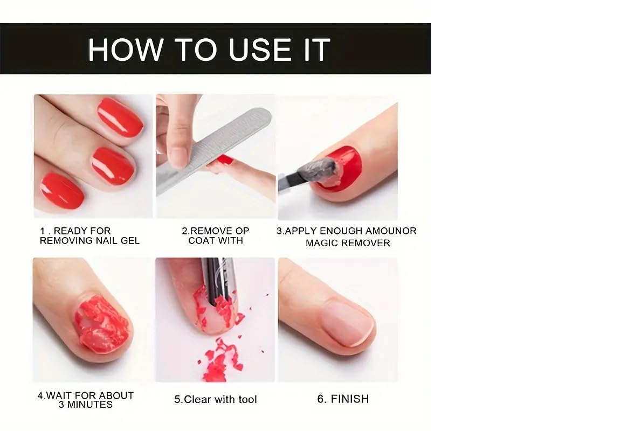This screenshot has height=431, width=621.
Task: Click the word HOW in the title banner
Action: click(x=126, y=50)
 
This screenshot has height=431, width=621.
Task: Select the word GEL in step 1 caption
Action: click(x=130, y=241)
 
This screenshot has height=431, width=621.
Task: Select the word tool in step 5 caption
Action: click(x=247, y=399)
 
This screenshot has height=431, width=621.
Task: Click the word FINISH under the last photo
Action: click(x=350, y=399)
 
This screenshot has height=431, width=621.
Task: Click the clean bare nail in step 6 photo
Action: click(x=347, y=322)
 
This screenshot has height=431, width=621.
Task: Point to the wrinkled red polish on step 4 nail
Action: click(x=102, y=324)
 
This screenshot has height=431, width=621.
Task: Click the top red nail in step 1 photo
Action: click(x=120, y=117)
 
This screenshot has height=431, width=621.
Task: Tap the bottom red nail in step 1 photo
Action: click(x=62, y=191)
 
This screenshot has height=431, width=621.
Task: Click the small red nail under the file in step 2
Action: click(x=225, y=159)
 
